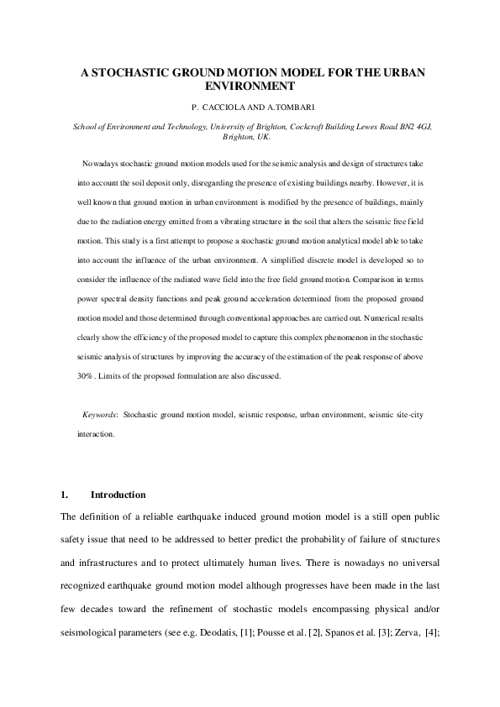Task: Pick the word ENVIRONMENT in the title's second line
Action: [250, 86]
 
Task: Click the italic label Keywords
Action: [99, 415]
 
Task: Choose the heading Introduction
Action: [118, 495]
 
